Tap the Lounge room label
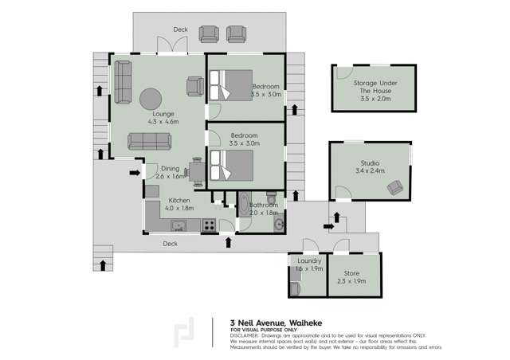(x=163, y=114)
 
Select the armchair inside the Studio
(x=394, y=187)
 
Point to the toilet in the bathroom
(x=272, y=197)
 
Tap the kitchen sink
(x=178, y=225)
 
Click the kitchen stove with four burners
(x=209, y=225)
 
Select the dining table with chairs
(x=196, y=170)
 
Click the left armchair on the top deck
(x=210, y=33)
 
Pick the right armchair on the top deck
(x=236, y=33)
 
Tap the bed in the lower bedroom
(x=232, y=166)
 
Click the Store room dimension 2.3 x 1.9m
(x=351, y=281)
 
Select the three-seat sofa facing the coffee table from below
(x=149, y=141)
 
